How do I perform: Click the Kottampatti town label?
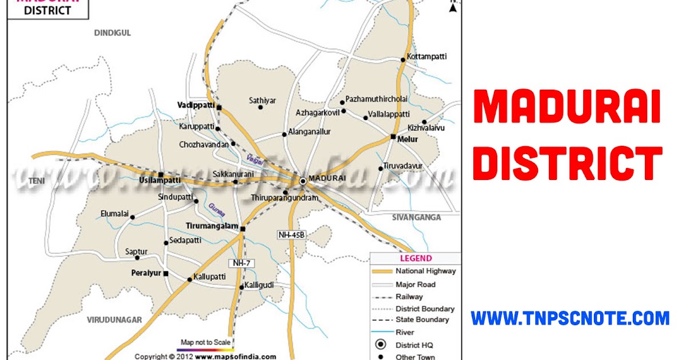click(426, 57)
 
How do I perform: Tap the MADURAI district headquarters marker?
click(303, 181)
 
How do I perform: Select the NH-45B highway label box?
click(290, 234)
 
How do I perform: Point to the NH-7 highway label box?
click(242, 263)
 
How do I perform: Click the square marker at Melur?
click(393, 137)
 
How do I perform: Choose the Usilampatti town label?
click(159, 181)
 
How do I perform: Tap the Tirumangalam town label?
click(211, 226)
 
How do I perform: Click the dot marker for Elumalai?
click(133, 217)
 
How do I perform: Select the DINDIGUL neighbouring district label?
click(112, 33)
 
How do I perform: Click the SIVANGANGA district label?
click(417, 217)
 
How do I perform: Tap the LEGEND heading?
click(416, 259)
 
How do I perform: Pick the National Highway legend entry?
click(425, 271)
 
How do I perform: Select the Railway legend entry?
click(409, 297)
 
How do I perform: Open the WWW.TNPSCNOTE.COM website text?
click(569, 318)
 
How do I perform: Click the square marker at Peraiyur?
click(166, 274)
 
